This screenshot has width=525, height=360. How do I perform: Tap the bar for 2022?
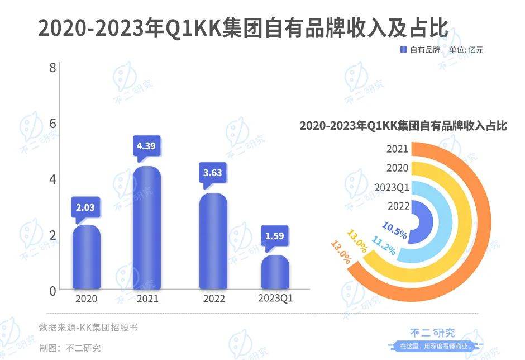(x=213, y=241)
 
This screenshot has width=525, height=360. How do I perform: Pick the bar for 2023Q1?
(x=275, y=272)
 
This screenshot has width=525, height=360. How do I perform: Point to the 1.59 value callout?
(x=275, y=235)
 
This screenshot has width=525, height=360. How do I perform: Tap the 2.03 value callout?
(x=85, y=207)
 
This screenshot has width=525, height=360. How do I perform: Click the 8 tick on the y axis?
(x=52, y=68)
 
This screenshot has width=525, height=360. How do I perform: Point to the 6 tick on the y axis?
(x=52, y=124)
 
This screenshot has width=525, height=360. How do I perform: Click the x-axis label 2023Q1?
(x=275, y=299)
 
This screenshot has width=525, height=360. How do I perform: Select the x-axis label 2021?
(x=147, y=299)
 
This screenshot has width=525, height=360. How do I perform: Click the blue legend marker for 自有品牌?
(x=403, y=50)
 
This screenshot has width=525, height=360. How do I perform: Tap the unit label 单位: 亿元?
(x=466, y=50)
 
